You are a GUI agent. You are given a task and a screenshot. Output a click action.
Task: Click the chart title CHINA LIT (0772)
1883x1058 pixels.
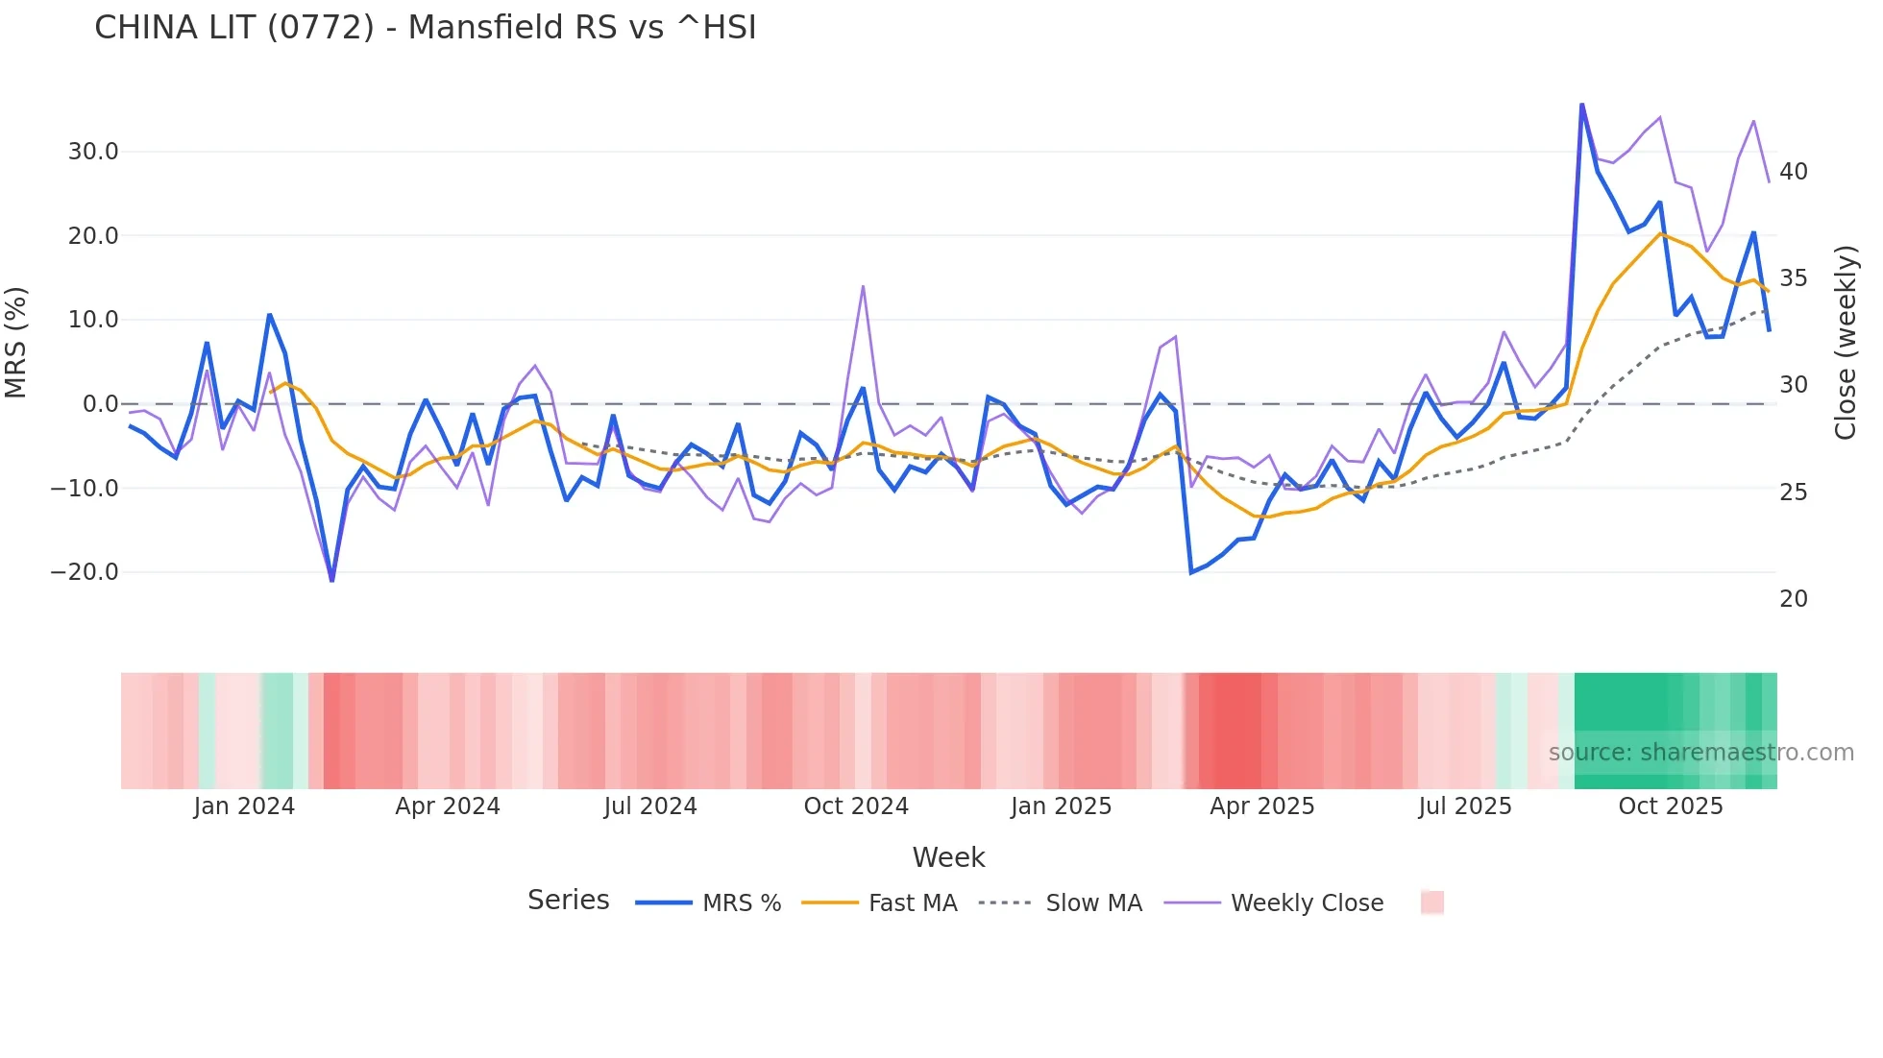click(x=425, y=27)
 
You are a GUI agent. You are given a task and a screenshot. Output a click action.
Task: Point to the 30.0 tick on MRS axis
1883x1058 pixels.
click(x=93, y=152)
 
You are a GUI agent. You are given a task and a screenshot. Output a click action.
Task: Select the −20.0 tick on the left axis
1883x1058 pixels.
click(x=85, y=572)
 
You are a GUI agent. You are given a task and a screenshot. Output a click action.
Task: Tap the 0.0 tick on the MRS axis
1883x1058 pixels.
click(x=100, y=404)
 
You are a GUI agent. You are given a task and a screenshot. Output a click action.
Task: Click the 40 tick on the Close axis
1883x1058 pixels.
click(x=1793, y=172)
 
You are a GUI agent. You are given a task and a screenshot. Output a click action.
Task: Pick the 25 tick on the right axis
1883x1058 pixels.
click(x=1793, y=493)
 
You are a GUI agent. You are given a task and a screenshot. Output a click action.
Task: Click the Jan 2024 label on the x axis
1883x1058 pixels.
click(x=244, y=806)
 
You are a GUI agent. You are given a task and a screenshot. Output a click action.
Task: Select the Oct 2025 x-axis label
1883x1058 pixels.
click(x=1670, y=806)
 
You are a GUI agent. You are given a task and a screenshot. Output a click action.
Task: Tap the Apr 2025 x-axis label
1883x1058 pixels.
click(x=1261, y=806)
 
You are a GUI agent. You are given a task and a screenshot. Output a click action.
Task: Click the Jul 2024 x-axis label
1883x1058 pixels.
click(x=650, y=806)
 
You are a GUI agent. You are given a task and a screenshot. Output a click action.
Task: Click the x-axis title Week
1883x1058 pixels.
click(x=948, y=857)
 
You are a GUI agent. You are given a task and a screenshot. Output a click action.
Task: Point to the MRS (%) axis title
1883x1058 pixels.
click(x=16, y=342)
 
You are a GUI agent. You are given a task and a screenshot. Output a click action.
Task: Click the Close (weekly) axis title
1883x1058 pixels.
click(x=1845, y=343)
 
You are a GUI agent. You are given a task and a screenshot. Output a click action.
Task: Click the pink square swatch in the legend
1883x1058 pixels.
click(x=1431, y=902)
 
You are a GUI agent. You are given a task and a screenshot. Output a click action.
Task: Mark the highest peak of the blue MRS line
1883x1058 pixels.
click(x=1581, y=105)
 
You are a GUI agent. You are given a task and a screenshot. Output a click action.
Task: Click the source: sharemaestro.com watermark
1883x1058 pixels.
click(x=1700, y=753)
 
